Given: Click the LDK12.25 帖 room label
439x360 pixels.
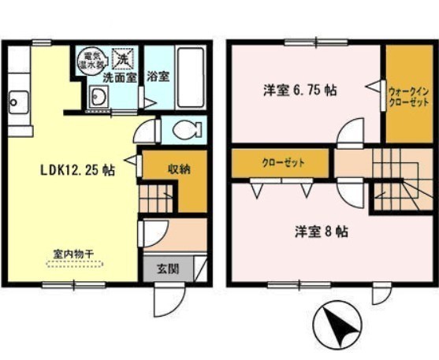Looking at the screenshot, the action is point(77,170).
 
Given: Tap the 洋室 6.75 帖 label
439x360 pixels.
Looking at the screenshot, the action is point(299,91).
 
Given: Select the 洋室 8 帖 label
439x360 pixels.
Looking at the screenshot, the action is point(322,232).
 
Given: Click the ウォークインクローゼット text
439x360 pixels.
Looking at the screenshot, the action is point(409,97).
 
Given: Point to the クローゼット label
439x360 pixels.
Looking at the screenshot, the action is point(283,163).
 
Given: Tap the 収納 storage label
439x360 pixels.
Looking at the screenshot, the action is point(179,169).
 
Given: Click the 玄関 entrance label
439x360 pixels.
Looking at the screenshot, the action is point(167,269).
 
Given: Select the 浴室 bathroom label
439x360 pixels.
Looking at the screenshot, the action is point(158,76).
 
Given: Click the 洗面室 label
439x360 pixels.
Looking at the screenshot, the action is point(120,77).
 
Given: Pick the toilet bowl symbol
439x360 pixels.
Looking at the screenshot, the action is point(188,130).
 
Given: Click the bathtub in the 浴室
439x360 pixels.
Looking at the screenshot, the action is point(191,77).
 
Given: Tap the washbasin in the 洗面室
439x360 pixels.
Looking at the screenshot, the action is point(99,97).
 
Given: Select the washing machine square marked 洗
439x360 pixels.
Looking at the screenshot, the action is point(123,59).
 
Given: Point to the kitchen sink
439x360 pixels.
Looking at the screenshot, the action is point(19,102).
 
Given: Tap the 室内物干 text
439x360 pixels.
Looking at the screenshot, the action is point(73,254).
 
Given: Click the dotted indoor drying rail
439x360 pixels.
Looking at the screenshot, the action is point(75,264).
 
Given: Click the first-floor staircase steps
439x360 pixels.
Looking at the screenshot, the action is point(156,199).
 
